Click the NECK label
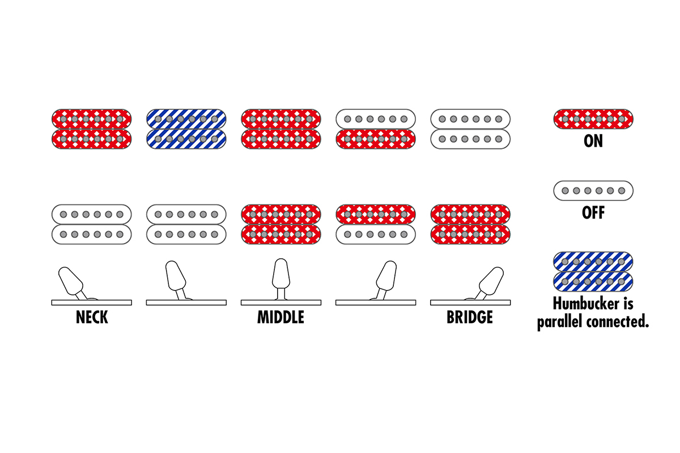coord(92,317)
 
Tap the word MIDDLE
coord(280,317)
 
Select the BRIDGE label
coord(470,317)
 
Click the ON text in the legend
coord(593,141)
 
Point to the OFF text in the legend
coord(593,213)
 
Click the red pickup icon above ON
coord(593,119)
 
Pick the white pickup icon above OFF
coord(593,190)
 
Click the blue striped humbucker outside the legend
coord(186,129)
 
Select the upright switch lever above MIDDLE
coord(281,274)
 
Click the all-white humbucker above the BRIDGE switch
coord(470,129)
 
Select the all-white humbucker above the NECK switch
coord(92,224)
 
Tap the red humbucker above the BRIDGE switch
coord(470,224)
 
